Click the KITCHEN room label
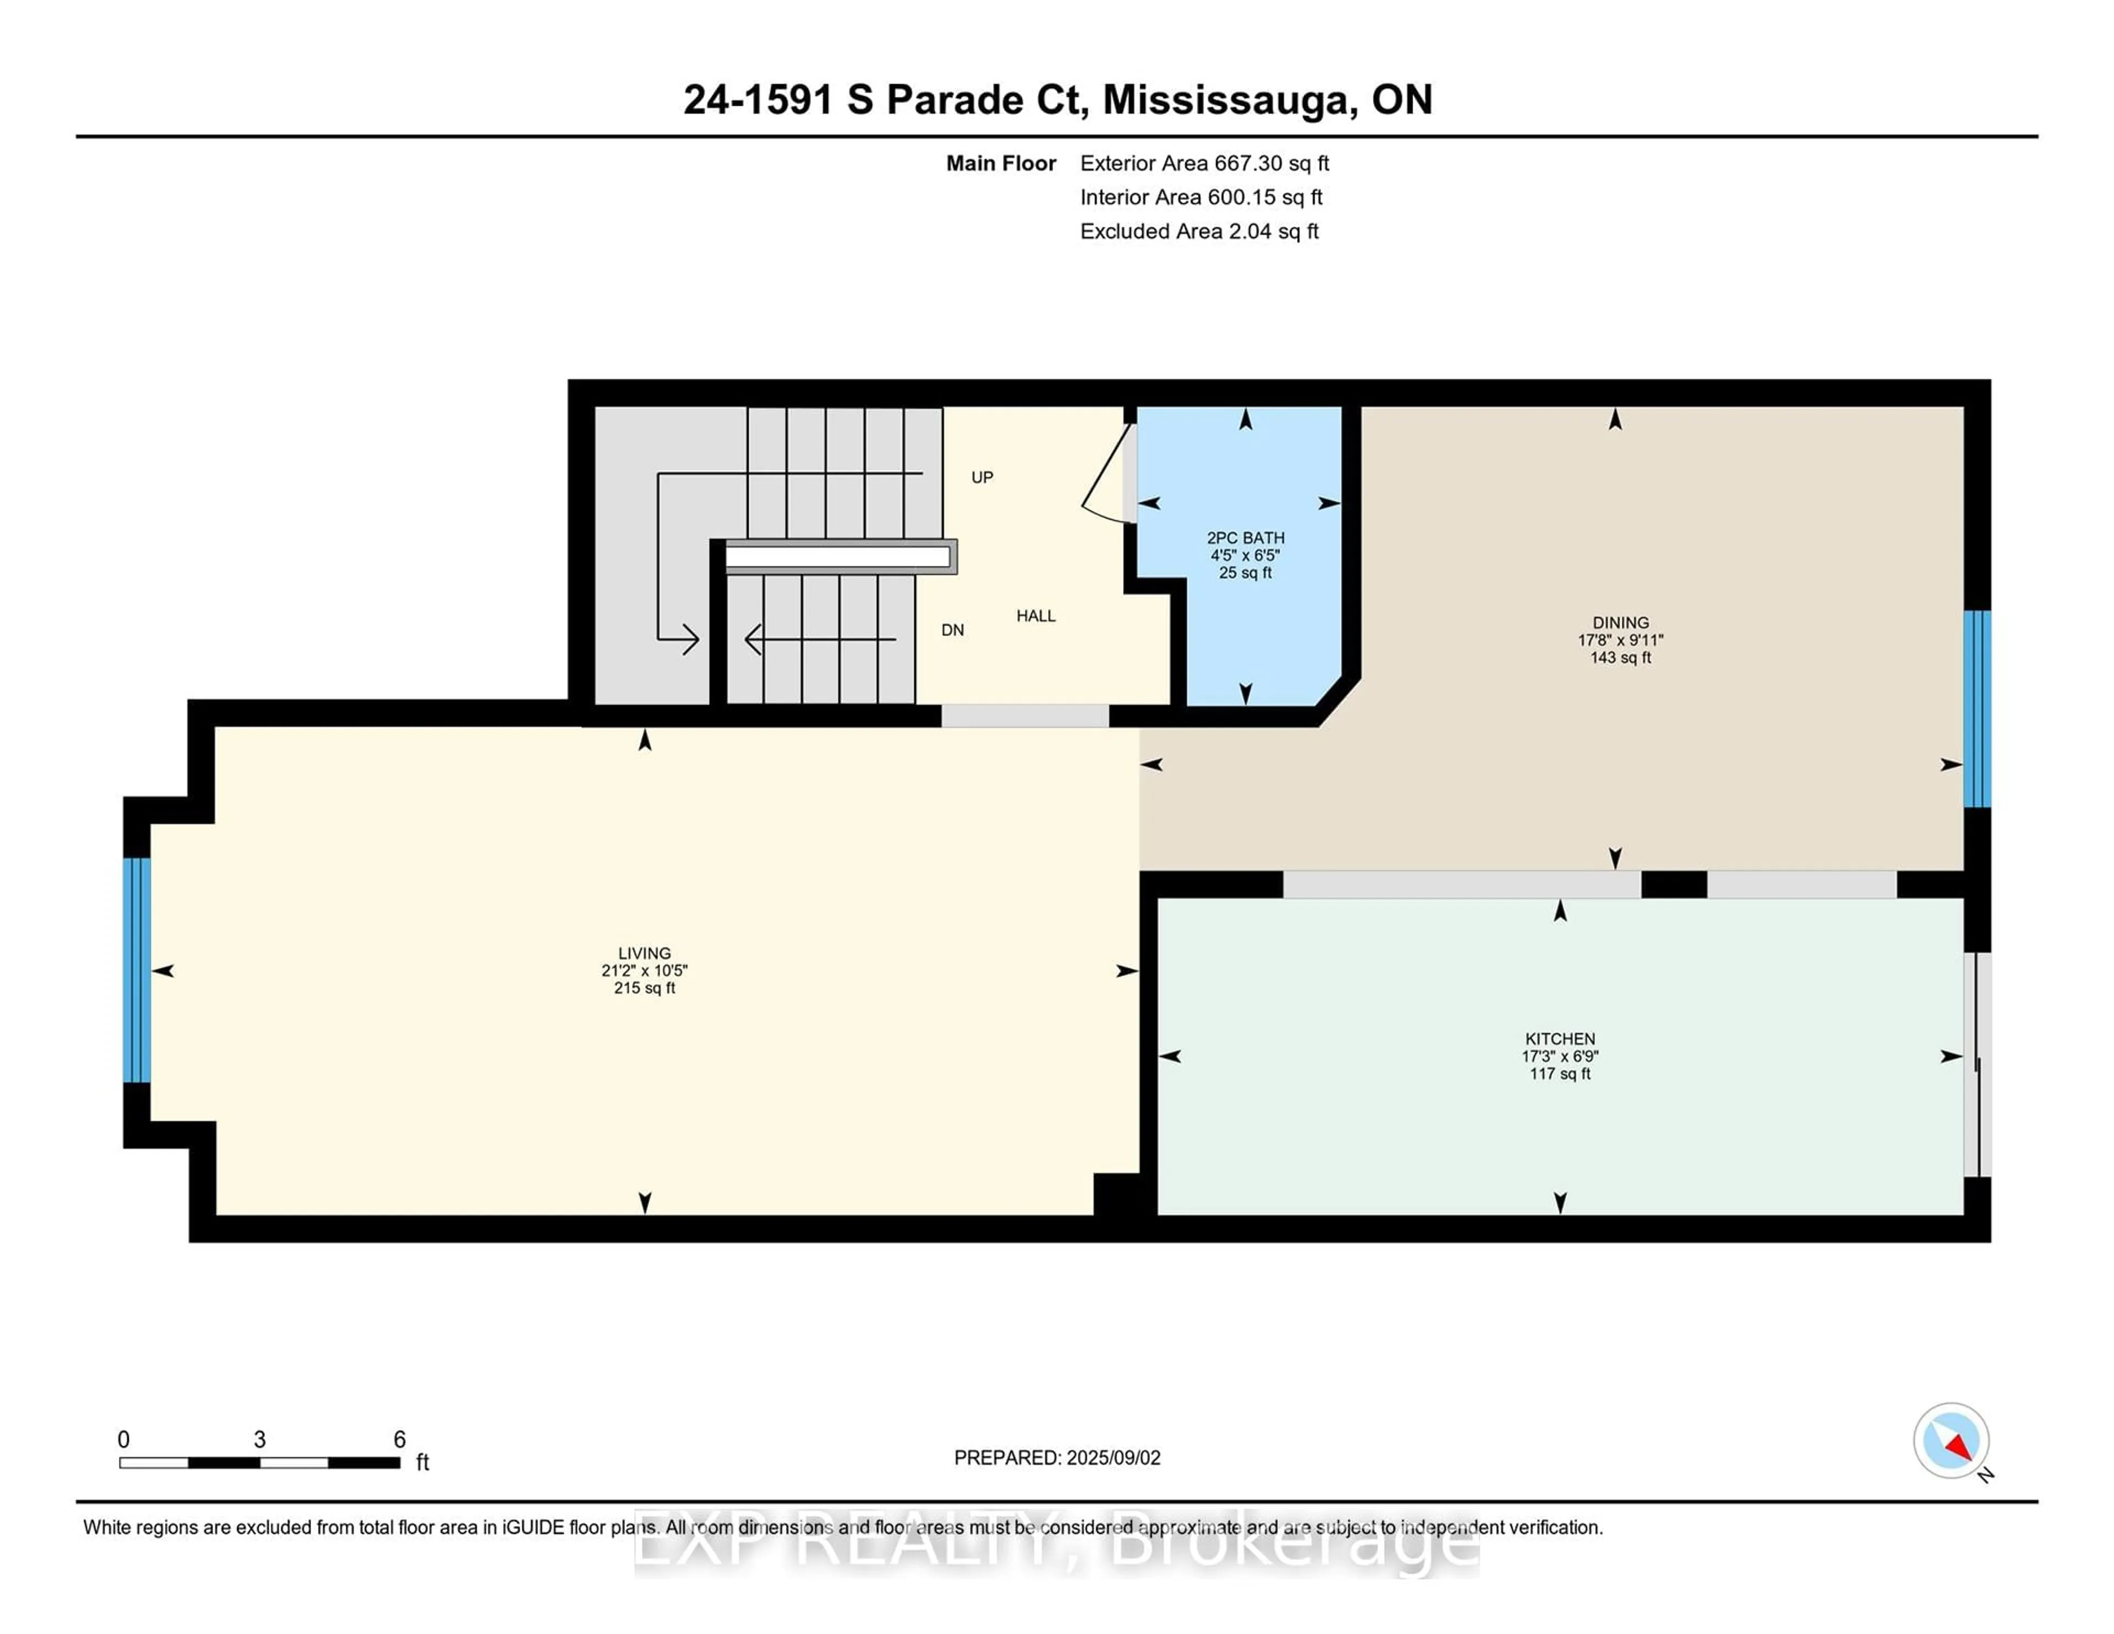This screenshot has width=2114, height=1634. coord(1560,1039)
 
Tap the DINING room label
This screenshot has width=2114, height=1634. coord(1620,623)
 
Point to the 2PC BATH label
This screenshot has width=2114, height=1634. coord(1246,538)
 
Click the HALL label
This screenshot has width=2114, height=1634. coord(1036,616)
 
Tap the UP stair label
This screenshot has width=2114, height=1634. coord(983,477)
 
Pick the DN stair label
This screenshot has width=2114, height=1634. coord(952,630)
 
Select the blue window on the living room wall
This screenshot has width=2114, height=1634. coord(137,970)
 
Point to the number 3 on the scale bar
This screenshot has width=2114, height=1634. coord(259,1440)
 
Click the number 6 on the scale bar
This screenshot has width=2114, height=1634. coord(399,1440)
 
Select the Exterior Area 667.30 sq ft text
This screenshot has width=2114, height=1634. coord(1204,164)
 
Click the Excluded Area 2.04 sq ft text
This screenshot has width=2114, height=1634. coord(1199,231)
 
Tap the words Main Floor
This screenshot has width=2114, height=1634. coord(1001,164)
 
